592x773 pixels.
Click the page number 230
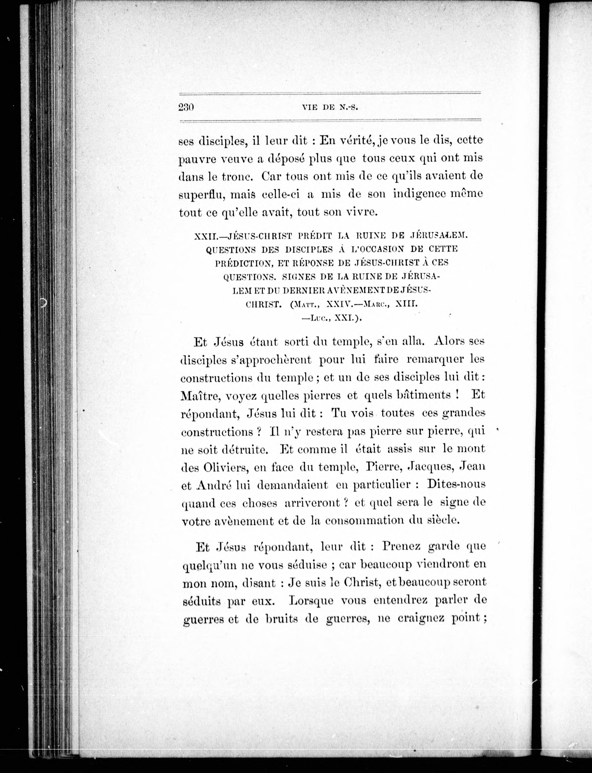(186, 107)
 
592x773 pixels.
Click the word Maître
(200, 396)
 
